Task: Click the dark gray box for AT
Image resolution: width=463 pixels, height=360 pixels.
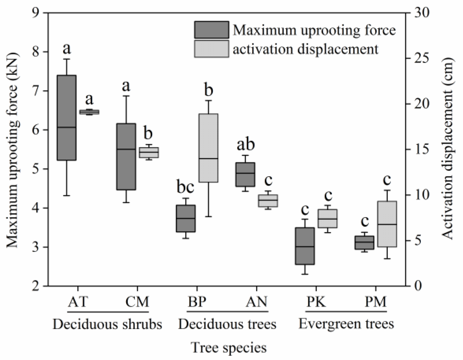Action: click(67, 117)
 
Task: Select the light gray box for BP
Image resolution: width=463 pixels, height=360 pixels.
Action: click(209, 148)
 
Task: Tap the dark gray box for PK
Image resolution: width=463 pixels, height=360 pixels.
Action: click(305, 246)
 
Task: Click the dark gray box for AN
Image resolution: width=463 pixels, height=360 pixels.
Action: click(245, 174)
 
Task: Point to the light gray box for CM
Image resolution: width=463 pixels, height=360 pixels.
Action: click(149, 152)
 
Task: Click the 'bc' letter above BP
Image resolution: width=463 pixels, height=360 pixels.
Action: click(185, 187)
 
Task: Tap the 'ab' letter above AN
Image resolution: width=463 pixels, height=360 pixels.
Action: click(246, 145)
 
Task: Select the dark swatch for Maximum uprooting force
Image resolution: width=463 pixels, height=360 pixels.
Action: click(211, 30)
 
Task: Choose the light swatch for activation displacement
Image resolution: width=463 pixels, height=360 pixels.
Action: click(211, 49)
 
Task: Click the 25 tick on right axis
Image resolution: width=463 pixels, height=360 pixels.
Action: click(422, 58)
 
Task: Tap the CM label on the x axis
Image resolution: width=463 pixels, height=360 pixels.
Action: click(137, 302)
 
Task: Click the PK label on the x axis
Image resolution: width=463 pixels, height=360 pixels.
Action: click(316, 302)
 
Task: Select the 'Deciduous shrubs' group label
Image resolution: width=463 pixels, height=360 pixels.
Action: click(108, 324)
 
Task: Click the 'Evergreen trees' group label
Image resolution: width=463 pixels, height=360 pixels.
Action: click(346, 324)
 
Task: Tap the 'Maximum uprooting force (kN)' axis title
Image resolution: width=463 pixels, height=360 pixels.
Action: click(13, 149)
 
